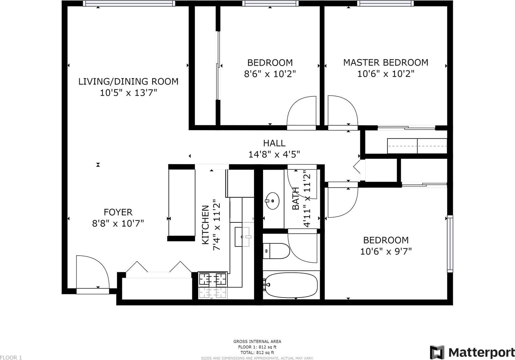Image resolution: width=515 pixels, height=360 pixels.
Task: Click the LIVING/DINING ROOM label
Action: click(x=128, y=82)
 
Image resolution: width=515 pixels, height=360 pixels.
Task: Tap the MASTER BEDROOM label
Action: click(x=386, y=63)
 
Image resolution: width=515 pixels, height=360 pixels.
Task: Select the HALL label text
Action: click(x=274, y=143)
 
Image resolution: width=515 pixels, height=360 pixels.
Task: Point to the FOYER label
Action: click(x=118, y=212)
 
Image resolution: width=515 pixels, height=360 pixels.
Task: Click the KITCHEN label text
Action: click(x=205, y=225)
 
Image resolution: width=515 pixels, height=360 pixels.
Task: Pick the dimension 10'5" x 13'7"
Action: click(x=128, y=93)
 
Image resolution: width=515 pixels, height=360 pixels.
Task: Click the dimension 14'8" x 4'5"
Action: click(x=274, y=154)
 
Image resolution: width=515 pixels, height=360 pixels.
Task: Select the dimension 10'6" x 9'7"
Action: click(x=386, y=251)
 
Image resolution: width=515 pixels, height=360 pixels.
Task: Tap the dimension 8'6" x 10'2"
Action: click(x=270, y=74)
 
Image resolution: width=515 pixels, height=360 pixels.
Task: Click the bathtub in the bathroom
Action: click(x=291, y=285)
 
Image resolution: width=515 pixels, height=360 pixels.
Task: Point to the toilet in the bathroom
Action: click(x=276, y=251)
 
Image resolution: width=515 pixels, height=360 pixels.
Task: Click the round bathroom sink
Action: click(x=272, y=201)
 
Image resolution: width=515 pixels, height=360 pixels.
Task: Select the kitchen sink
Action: click(x=242, y=237)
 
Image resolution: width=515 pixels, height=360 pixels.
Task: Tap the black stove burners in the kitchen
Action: click(x=213, y=279)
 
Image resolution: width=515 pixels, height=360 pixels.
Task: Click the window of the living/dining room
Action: click(x=129, y=3)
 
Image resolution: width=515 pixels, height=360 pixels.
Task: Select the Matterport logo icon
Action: click(x=437, y=352)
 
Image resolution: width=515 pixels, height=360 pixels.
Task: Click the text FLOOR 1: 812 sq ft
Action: click(x=257, y=347)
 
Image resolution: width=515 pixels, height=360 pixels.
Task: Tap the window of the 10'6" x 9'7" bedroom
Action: click(x=450, y=244)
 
